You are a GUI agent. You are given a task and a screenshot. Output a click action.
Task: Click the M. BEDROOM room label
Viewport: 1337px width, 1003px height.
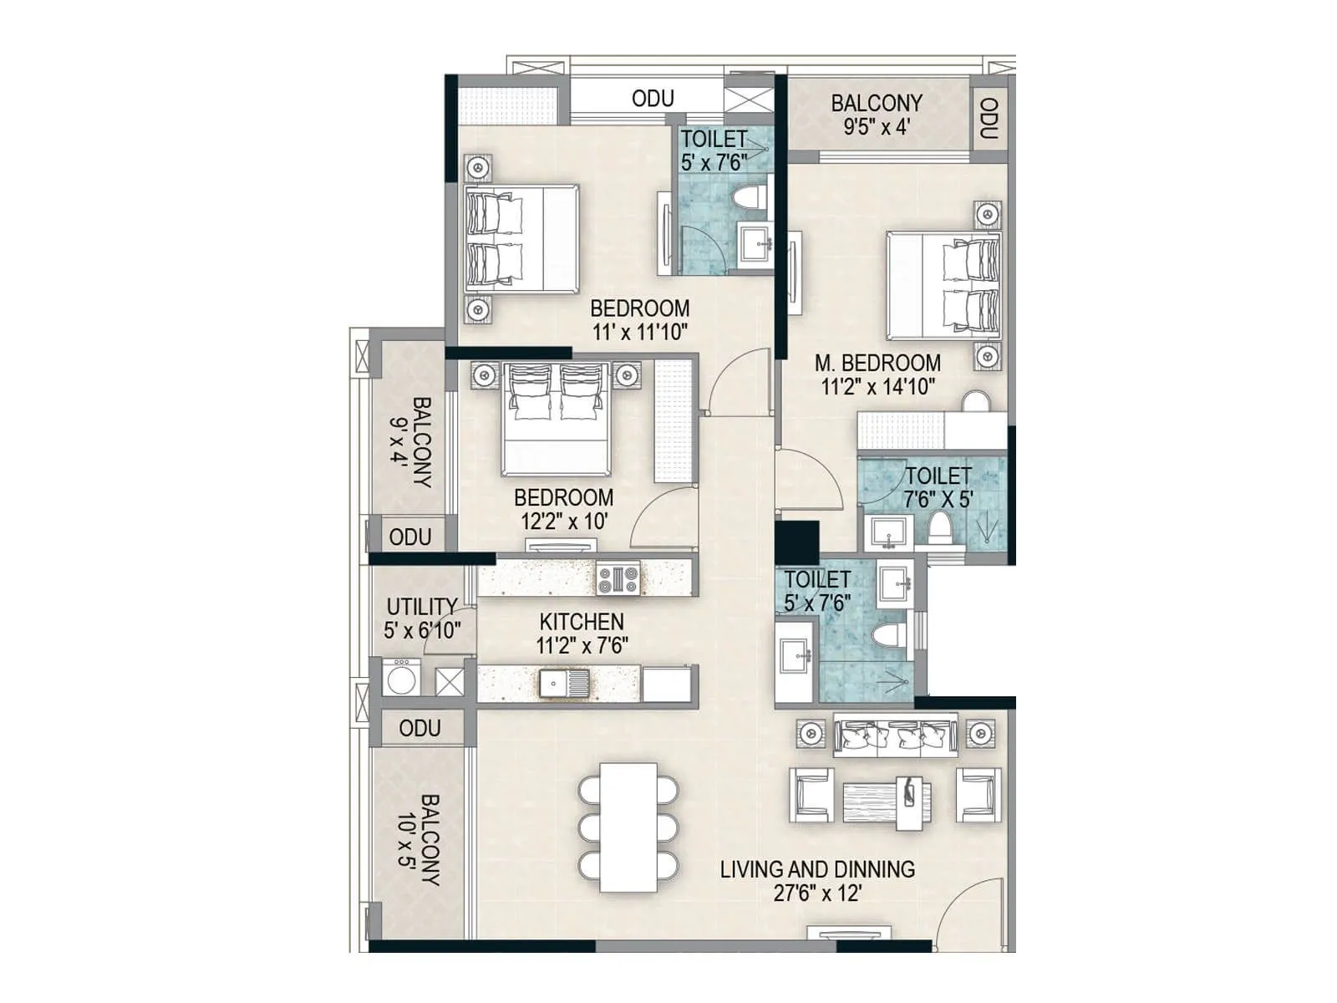click(877, 363)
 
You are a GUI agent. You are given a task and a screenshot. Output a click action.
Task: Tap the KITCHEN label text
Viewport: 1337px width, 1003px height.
click(582, 622)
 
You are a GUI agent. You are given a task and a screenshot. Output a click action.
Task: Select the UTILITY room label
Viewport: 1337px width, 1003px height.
click(421, 606)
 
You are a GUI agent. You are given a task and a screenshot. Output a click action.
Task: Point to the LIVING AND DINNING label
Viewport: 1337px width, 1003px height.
click(817, 869)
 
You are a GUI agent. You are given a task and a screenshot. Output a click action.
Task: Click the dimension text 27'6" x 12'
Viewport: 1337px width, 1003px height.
click(817, 894)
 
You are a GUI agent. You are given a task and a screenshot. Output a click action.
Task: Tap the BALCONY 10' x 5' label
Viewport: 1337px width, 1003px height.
click(419, 839)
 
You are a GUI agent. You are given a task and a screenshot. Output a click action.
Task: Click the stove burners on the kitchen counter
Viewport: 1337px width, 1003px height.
click(618, 578)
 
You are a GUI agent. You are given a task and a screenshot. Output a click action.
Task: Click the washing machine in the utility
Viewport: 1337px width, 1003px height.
click(402, 678)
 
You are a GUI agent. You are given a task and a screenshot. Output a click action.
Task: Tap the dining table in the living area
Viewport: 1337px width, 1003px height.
click(628, 827)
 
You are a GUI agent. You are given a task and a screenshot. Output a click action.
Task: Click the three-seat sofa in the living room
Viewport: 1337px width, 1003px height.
click(895, 736)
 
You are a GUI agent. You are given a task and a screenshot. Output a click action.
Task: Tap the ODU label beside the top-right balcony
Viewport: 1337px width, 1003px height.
click(989, 119)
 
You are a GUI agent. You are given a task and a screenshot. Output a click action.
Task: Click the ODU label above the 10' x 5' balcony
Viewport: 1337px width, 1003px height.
click(419, 728)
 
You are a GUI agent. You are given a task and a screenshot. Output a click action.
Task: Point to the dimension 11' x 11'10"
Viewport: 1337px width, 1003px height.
click(640, 332)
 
